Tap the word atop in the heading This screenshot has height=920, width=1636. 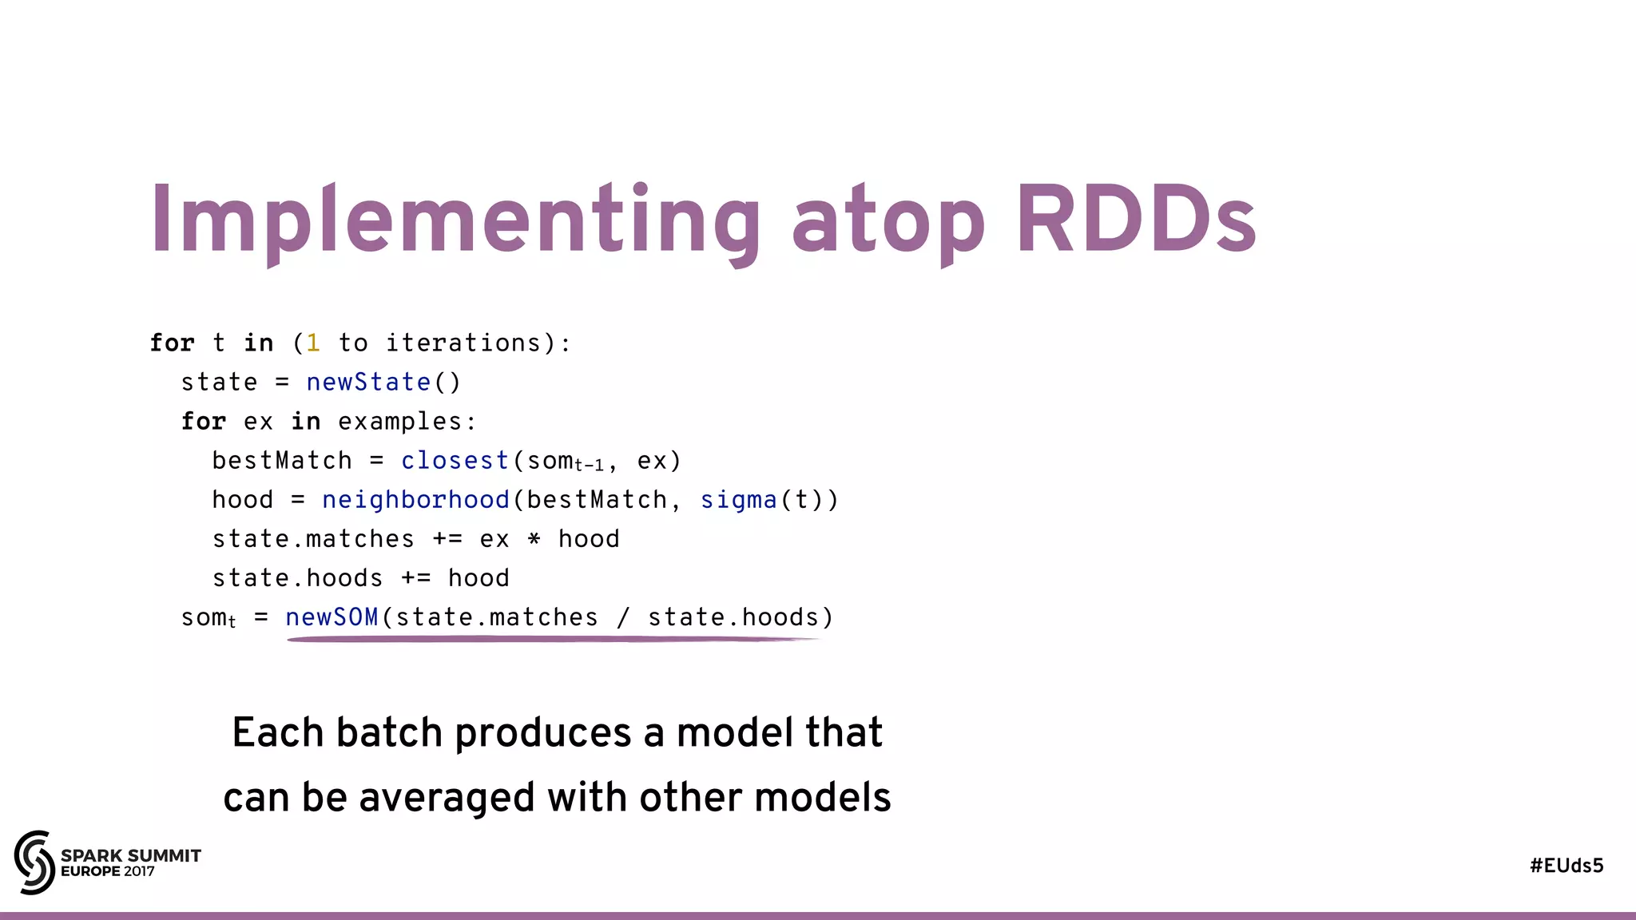click(887, 224)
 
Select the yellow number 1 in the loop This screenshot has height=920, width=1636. click(313, 343)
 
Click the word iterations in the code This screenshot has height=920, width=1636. click(463, 343)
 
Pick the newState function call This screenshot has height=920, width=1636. click(368, 382)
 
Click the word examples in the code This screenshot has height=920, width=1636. click(400, 422)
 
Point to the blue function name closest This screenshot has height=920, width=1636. click(455, 461)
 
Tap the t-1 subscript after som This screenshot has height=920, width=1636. click(590, 466)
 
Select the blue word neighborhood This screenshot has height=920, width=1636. click(415, 500)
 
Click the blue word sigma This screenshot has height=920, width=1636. click(738, 500)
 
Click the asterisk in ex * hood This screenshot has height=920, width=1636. click(534, 539)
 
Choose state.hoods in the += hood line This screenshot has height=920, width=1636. click(297, 578)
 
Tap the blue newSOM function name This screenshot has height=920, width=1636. click(332, 617)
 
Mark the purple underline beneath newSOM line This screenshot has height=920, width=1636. click(551, 639)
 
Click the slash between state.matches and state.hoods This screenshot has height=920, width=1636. click(622, 617)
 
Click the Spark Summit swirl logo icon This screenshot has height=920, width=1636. click(34, 862)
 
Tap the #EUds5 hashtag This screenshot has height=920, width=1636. click(1566, 866)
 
